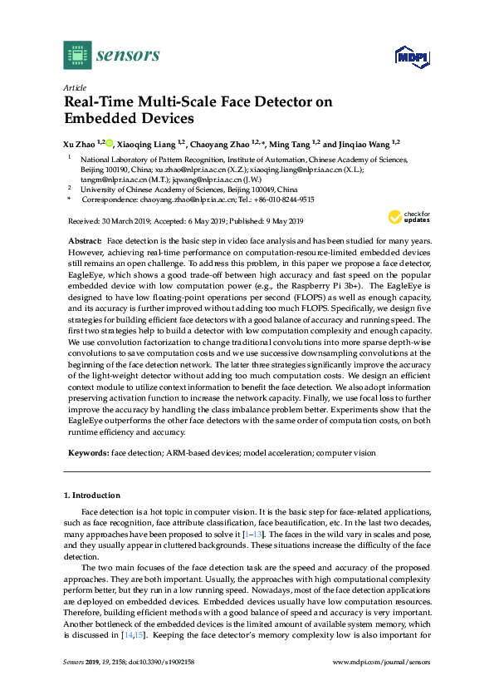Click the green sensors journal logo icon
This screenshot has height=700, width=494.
click(x=76, y=55)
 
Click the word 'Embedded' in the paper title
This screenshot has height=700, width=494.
click(x=100, y=119)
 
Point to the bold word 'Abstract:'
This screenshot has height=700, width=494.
click(x=86, y=239)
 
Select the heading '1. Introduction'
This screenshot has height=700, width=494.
click(x=92, y=495)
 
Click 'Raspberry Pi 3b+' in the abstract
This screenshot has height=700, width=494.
click(x=315, y=283)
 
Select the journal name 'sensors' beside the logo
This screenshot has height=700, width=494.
click(x=128, y=56)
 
